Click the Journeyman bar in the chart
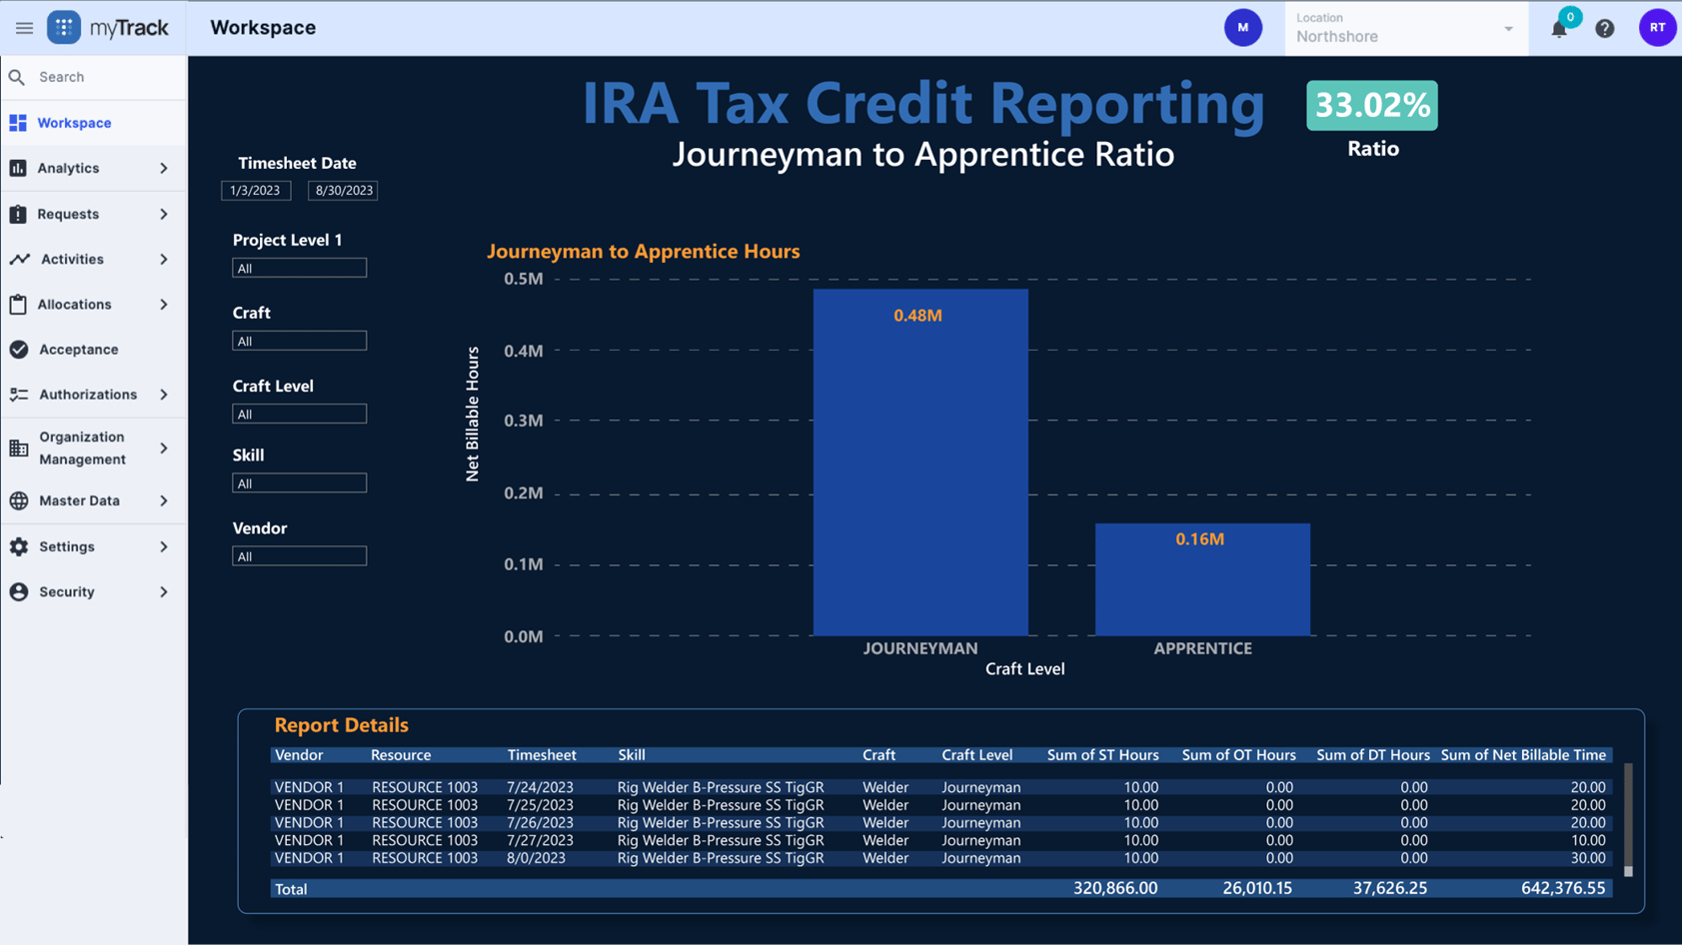tap(919, 463)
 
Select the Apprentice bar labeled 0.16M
tap(1202, 579)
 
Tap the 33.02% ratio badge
tap(1371, 106)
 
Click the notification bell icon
tap(1558, 29)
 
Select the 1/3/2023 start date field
tap(256, 190)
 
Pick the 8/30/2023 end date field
tap(343, 190)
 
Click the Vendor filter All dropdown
tap(299, 556)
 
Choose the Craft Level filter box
tap(299, 414)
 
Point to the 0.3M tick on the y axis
tap(524, 421)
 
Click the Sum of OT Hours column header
tap(1237, 755)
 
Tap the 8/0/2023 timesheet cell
tap(536, 858)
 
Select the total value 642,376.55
tap(1562, 888)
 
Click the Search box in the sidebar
tap(100, 77)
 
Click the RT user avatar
tap(1656, 28)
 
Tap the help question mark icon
tap(1604, 29)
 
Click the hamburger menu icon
tap(24, 28)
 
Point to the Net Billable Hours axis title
tap(473, 414)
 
